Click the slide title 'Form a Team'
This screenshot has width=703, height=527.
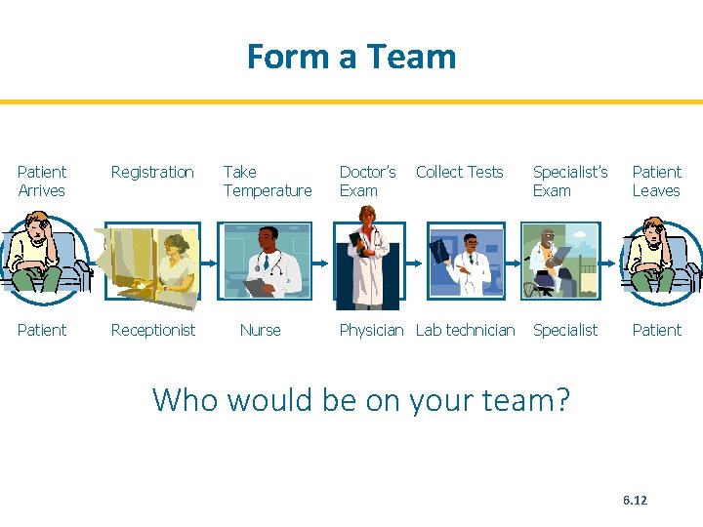[351, 57]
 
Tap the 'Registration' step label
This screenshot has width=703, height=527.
[152, 172]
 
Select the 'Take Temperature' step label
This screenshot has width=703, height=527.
[268, 182]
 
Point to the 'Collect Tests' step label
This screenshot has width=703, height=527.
[460, 172]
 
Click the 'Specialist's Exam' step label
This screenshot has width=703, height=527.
[570, 182]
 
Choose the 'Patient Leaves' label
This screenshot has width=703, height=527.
[657, 182]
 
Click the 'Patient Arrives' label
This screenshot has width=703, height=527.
[43, 182]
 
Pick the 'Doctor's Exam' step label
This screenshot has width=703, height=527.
[367, 182]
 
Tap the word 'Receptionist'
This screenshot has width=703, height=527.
[153, 330]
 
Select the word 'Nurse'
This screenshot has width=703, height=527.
[260, 330]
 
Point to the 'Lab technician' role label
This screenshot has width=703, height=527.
[466, 330]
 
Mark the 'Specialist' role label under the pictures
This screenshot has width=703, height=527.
[565, 330]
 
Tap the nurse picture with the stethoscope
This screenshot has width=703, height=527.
[267, 261]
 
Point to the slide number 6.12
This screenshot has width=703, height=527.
[635, 501]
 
